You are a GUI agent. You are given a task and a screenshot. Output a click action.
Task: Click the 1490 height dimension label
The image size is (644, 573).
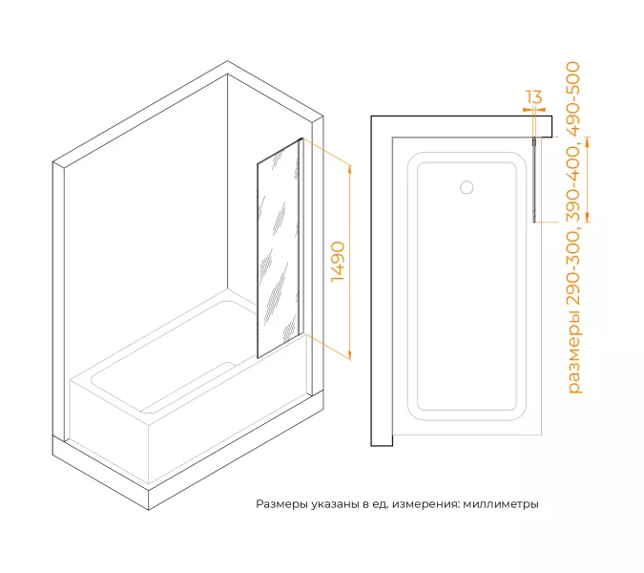(338, 262)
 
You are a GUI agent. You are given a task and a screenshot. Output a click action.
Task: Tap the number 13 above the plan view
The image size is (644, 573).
(534, 97)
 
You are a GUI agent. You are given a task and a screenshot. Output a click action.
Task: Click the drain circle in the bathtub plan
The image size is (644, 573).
(467, 187)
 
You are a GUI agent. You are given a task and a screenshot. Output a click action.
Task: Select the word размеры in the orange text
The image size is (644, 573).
(573, 352)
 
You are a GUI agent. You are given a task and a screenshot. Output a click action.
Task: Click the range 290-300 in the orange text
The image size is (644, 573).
(573, 268)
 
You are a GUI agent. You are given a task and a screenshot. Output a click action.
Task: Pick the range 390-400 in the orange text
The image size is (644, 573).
(573, 184)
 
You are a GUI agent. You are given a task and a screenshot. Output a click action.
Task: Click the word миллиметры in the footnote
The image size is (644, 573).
(501, 504)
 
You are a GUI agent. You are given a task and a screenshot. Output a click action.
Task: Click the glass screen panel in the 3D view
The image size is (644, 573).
(278, 248)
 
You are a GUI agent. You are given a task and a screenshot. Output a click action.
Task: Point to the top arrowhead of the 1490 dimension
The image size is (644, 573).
(350, 168)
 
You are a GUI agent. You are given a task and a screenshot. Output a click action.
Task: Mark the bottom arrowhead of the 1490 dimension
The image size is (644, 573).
(350, 354)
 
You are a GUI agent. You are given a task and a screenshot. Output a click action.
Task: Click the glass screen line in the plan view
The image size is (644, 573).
(534, 180)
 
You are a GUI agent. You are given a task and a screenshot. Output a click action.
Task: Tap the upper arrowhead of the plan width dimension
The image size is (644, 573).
(588, 141)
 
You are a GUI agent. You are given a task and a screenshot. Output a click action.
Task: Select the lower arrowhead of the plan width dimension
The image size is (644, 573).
(588, 218)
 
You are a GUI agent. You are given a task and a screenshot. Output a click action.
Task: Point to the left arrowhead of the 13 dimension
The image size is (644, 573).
(528, 110)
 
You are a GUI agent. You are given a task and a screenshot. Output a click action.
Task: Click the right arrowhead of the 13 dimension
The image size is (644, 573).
(541, 110)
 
